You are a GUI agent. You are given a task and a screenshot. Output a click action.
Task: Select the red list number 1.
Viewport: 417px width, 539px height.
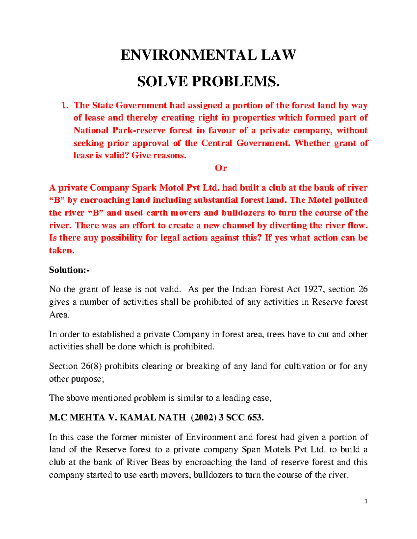(x=64, y=105)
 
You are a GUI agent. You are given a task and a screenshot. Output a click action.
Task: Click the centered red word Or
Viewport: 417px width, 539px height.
(x=221, y=168)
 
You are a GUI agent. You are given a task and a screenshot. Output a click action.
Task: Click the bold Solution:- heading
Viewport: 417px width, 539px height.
(x=69, y=270)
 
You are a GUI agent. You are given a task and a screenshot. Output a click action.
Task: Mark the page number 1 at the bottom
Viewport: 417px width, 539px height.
(x=366, y=501)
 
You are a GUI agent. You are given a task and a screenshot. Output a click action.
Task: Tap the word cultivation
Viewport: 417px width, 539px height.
(x=305, y=366)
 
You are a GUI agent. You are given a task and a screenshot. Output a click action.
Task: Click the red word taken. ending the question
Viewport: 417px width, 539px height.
(x=62, y=250)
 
